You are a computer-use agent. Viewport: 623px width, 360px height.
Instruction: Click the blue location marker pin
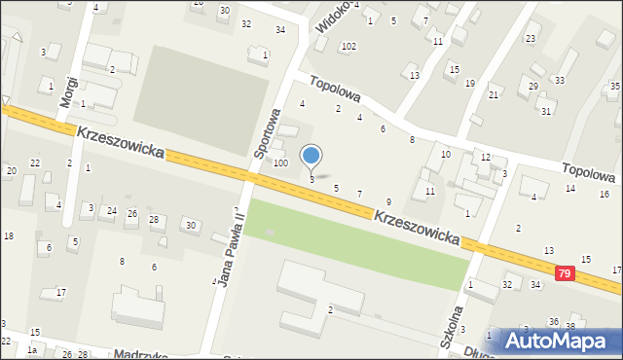pos(311,157)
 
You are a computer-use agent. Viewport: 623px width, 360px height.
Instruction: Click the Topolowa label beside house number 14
pos(590,172)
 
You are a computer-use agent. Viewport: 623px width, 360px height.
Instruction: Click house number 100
pos(280,162)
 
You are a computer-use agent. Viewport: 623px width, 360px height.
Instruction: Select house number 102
pos(348,47)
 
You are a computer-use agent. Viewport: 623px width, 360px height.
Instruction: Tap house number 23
pos(531,38)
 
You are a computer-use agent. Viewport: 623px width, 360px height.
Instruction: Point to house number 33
pos(560,80)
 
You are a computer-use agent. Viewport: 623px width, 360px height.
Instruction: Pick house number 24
pos(112,210)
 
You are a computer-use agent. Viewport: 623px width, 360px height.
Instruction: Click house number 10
pos(446,154)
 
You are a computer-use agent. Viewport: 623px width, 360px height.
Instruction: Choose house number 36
pos(553,321)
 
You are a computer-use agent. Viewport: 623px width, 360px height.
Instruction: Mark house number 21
pos(494,93)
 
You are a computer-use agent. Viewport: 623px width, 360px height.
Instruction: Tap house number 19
pos(470,83)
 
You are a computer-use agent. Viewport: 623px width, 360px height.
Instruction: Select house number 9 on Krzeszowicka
pos(388,200)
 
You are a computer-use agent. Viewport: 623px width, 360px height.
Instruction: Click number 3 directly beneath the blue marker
pos(311,179)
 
